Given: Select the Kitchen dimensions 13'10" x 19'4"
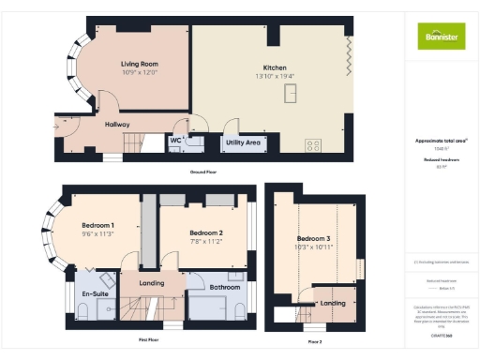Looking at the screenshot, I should tap(275, 76).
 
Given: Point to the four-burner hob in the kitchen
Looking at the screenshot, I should tap(313, 145).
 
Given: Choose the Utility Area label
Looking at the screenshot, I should tap(243, 142).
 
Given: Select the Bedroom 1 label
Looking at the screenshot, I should tap(97, 225).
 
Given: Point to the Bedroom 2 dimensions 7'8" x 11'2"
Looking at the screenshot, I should tap(206, 241).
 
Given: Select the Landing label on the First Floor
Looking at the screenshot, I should tap(152, 282).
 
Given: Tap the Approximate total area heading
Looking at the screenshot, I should tap(441, 141).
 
